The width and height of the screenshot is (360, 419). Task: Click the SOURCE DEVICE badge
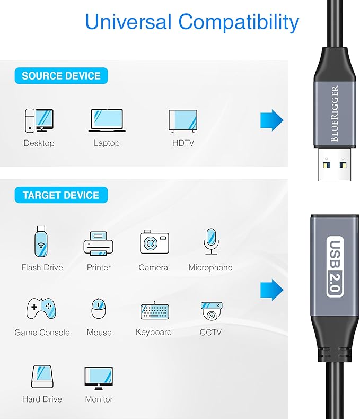(61, 76)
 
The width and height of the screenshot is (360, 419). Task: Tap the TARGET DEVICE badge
(61, 195)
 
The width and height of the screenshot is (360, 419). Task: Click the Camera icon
(154, 243)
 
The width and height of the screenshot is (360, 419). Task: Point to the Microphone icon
(210, 242)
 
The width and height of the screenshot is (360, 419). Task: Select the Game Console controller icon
(42, 308)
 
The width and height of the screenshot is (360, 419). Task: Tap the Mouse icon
(99, 309)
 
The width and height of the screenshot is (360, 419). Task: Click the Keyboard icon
(154, 310)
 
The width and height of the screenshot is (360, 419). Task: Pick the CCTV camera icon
(211, 310)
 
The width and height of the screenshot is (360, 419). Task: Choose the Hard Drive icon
(42, 377)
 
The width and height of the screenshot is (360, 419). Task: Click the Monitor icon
(99, 377)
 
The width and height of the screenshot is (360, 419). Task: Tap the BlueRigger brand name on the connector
(335, 114)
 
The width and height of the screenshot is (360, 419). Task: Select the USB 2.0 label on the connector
(335, 266)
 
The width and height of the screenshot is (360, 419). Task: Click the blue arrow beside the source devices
(271, 120)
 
